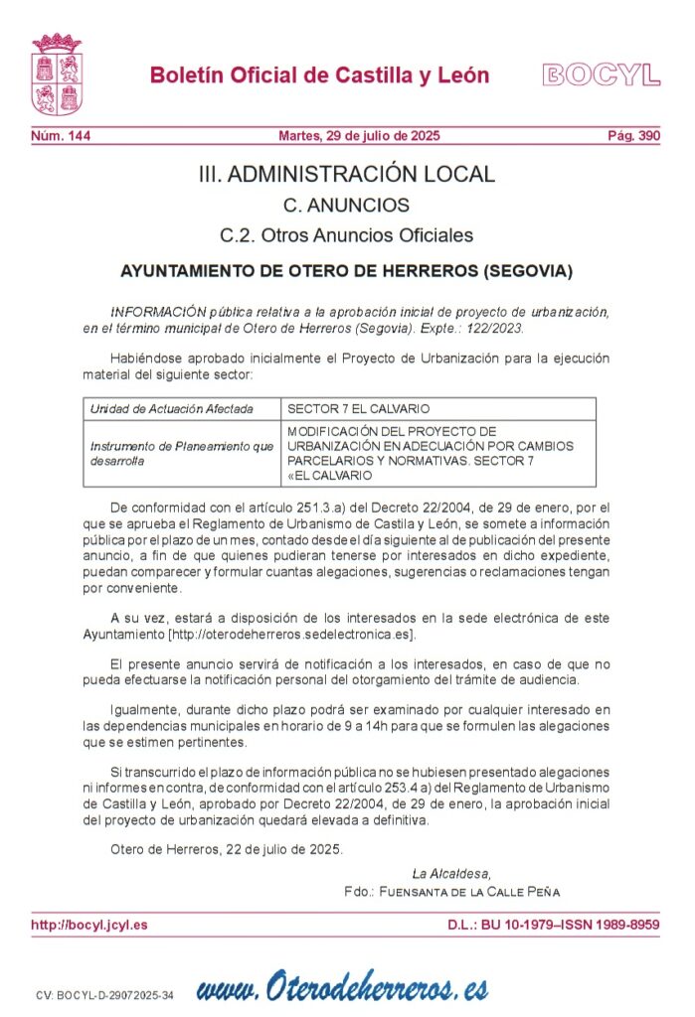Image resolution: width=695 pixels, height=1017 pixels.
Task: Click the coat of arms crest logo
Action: (57, 73)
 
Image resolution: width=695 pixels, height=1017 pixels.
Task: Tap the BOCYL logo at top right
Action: (601, 74)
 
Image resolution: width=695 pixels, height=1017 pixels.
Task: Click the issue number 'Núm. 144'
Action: (61, 136)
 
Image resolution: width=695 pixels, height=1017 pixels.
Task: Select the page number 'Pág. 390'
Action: (633, 136)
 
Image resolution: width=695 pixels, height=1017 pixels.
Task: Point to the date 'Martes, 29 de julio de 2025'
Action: (358, 136)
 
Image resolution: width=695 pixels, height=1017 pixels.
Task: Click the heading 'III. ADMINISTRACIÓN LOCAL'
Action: (346, 175)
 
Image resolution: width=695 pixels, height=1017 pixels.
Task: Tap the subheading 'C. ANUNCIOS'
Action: (346, 206)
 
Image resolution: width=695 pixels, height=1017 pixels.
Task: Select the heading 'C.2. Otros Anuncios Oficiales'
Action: (346, 235)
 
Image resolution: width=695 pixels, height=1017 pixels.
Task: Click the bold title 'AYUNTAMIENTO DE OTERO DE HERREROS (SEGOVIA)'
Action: (346, 270)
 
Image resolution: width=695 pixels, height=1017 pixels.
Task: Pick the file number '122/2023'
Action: (493, 327)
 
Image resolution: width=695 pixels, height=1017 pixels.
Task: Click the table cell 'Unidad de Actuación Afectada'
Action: (171, 409)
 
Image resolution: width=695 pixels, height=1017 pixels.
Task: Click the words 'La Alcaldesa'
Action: (450, 873)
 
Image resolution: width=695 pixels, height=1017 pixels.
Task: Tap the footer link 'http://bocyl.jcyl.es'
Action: (89, 925)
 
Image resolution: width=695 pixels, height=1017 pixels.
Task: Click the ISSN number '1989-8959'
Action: (623, 925)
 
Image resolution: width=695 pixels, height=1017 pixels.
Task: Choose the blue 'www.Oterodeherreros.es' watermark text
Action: (343, 987)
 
